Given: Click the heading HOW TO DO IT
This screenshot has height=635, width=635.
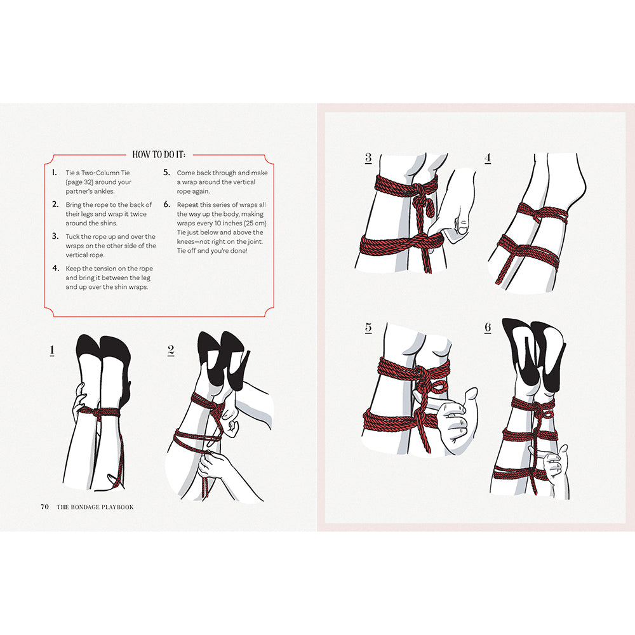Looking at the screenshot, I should pyautogui.click(x=159, y=154).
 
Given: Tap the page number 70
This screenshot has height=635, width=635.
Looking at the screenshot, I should pyautogui.click(x=44, y=506).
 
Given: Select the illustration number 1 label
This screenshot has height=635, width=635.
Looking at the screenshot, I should pyautogui.click(x=52, y=350).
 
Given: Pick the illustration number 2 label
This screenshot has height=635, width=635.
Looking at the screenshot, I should pyautogui.click(x=171, y=350).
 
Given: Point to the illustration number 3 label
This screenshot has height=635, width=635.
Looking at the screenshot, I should pyautogui.click(x=368, y=158).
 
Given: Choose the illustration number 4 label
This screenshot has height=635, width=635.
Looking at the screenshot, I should pyautogui.click(x=488, y=158).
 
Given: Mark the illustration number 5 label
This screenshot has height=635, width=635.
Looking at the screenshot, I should pyautogui.click(x=368, y=328).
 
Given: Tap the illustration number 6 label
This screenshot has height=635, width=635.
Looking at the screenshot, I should pyautogui.click(x=488, y=328).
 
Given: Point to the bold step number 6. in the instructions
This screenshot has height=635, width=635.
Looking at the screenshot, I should pyautogui.click(x=166, y=205).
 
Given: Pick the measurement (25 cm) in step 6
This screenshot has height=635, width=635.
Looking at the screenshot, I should pyautogui.click(x=251, y=224).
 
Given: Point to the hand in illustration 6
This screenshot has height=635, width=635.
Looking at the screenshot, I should pyautogui.click(x=550, y=462).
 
